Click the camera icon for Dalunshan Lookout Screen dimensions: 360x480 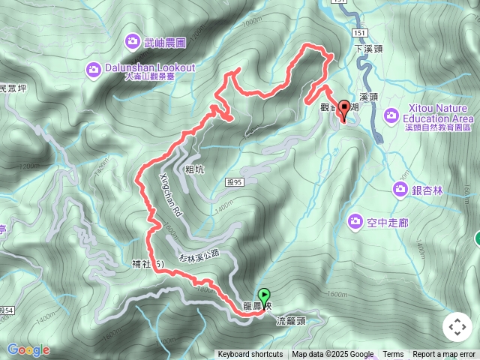(x=93, y=70)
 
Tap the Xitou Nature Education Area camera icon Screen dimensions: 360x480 (x=391, y=115)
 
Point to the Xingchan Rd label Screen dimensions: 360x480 (x=169, y=197)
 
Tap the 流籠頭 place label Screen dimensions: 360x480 (x=291, y=321)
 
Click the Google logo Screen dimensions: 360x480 (x=28, y=349)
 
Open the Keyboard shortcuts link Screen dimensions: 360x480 (x=250, y=355)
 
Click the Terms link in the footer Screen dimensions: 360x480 (x=393, y=355)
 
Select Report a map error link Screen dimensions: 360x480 (x=444, y=355)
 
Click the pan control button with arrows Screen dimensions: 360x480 (x=457, y=327)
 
